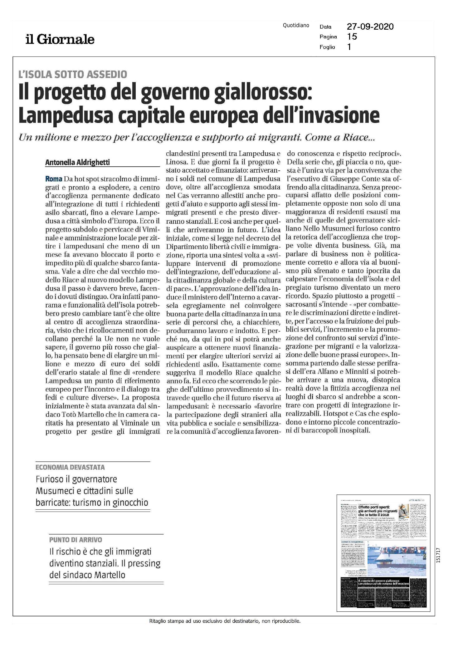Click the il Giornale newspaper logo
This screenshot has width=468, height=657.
point(60,39)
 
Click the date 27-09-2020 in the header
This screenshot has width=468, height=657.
point(370,27)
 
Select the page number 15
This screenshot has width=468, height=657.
point(352,37)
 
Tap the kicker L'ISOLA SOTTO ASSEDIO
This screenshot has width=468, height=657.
point(73,74)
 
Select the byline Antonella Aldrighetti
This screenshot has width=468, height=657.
point(78,162)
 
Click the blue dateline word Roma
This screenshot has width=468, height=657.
point(54,179)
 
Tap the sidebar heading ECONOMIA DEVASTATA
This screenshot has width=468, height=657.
point(70,467)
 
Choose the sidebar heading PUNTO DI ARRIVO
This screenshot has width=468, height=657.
point(76,540)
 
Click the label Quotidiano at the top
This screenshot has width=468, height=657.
point(296,26)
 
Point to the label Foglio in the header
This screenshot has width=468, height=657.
point(327,47)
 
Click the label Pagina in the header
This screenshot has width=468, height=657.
point(328,37)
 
